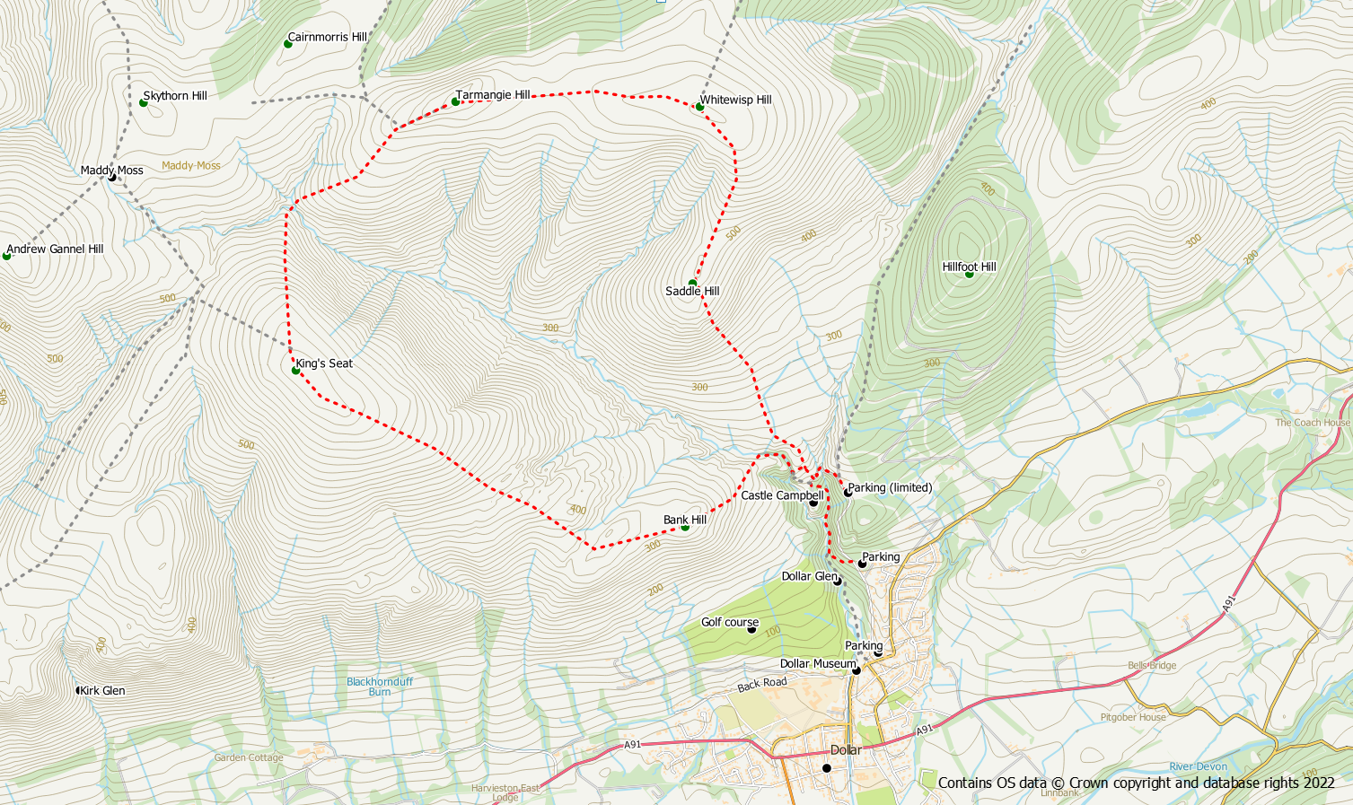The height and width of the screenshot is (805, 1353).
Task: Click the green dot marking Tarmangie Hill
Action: [455, 101]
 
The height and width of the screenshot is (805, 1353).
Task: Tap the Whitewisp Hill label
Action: [735, 100]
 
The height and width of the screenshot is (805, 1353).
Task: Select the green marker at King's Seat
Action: [295, 370]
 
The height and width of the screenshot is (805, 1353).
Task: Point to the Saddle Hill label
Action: [692, 292]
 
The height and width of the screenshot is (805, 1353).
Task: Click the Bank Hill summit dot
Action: [685, 527]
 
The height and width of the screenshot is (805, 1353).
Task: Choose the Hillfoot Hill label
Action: [969, 267]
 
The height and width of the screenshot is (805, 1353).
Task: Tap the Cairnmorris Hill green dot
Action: [288, 44]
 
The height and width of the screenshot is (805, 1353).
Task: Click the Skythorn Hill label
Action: [175, 96]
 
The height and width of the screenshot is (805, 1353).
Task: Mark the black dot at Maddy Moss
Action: [112, 177]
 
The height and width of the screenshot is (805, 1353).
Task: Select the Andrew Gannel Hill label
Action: [55, 249]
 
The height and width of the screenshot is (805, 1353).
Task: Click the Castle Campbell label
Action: [781, 495]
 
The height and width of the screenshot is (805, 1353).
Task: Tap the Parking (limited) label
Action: [890, 488]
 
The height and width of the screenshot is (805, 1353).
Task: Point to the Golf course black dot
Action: [751, 629]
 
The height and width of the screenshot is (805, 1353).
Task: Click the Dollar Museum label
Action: [818, 664]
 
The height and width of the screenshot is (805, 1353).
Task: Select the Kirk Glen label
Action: [102, 691]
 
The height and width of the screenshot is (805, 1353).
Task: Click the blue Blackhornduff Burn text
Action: [380, 687]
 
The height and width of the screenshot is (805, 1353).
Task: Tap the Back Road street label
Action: [761, 685]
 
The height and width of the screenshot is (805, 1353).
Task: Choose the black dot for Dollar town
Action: [827, 768]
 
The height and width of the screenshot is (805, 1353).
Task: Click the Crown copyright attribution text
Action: [1136, 783]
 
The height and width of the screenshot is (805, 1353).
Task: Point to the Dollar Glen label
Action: [809, 576]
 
